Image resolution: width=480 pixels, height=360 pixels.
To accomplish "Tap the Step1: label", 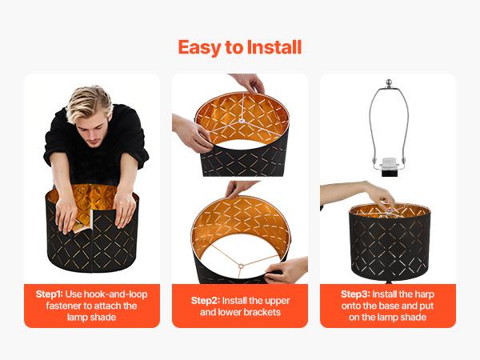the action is [x=49, y=294].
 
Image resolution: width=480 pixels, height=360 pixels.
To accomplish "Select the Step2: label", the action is [x=206, y=301].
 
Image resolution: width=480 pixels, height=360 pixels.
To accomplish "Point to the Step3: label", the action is [x=355, y=294].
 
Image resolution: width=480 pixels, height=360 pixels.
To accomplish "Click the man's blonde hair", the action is [x=89, y=103].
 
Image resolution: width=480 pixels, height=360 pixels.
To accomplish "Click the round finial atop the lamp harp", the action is [x=389, y=82].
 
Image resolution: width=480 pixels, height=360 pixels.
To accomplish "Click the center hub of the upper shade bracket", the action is [x=242, y=121].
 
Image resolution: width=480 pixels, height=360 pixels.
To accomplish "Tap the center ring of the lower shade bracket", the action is [x=241, y=266].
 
